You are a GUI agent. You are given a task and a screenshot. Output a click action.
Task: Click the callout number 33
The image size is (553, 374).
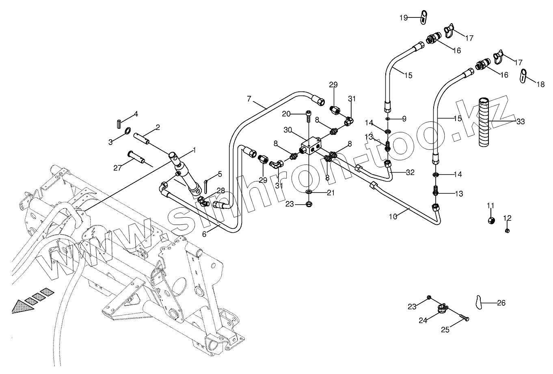point(521,121)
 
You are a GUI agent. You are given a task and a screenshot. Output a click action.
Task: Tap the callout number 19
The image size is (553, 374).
point(404,17)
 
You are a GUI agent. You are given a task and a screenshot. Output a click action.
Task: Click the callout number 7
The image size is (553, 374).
point(249,99)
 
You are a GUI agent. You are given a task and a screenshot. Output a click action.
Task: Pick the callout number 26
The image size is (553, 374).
point(501,303)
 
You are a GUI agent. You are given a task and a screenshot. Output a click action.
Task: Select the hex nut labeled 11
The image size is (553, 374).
point(491,220)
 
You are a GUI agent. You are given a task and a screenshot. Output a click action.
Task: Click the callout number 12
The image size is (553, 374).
point(508,218)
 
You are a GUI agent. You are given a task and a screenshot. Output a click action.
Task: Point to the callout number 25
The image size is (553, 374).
point(445,330)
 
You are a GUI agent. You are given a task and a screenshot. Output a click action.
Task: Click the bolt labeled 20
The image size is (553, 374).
point(309,116)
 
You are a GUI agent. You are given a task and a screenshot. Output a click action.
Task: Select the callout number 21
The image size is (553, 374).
point(331,193)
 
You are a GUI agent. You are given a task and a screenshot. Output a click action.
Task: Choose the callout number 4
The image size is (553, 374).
point(136,114)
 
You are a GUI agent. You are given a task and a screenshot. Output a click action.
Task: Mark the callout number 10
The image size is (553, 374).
point(393,217)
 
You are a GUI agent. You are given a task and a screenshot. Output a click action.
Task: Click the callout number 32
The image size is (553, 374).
point(410,172)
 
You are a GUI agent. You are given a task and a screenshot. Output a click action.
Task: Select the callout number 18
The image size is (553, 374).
point(541,84)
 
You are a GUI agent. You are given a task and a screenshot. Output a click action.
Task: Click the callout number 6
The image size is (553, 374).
point(204,234)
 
